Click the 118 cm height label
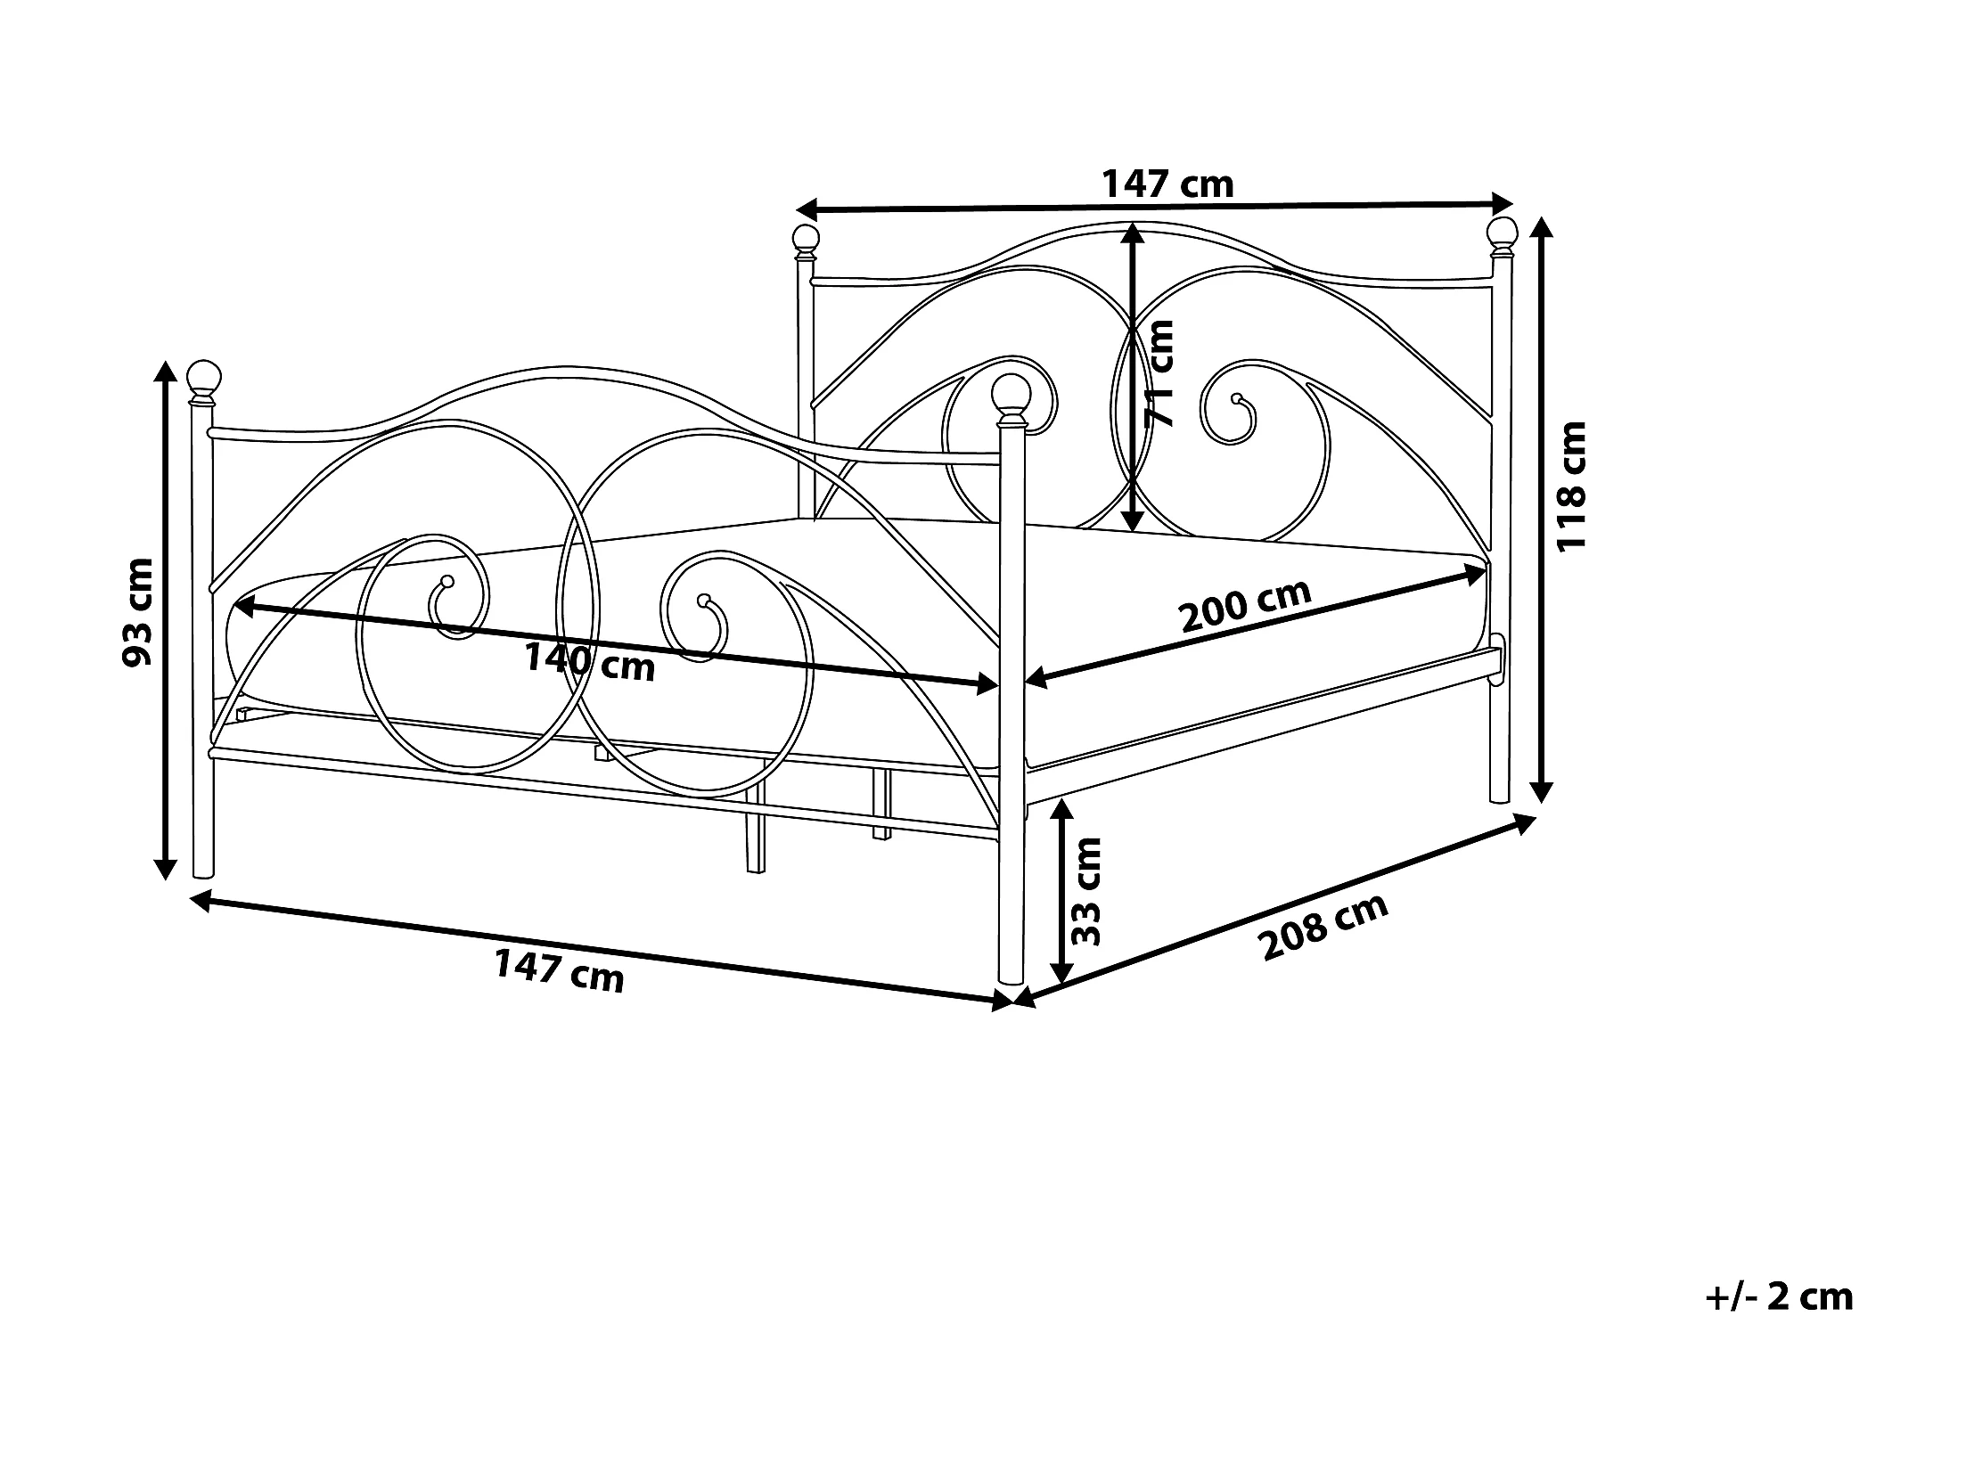(x=1571, y=487)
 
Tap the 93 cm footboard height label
(x=138, y=612)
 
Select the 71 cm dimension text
(x=1159, y=374)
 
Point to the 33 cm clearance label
(x=1087, y=892)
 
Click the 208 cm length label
(x=1323, y=927)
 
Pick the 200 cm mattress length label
(x=1246, y=605)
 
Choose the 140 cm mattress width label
(x=589, y=661)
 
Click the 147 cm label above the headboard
(x=1167, y=184)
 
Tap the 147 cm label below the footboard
(x=560, y=971)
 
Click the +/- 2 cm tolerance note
(x=1779, y=1296)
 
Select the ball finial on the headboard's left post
(x=806, y=238)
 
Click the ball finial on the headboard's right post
(x=1502, y=231)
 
